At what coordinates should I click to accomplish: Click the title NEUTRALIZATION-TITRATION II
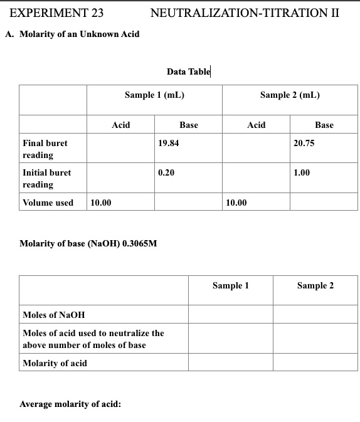tap(245, 13)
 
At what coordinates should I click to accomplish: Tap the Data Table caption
tap(188, 71)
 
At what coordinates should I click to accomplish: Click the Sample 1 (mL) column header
tap(154, 95)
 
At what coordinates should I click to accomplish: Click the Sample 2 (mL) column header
tap(290, 95)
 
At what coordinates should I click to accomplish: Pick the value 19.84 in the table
tap(169, 143)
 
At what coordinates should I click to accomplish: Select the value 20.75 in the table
tap(304, 143)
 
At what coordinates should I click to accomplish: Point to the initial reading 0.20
tap(166, 172)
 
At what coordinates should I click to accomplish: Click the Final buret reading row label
tap(45, 149)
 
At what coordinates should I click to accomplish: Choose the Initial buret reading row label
tap(46, 178)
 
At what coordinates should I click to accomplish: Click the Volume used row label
tap(48, 203)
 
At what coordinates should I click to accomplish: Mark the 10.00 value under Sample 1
tap(102, 203)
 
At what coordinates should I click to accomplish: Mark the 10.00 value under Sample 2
tap(236, 203)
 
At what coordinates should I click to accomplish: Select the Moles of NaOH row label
tap(53, 315)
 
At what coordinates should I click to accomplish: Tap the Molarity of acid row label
tap(55, 363)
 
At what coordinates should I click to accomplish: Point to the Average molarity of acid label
tap(70, 404)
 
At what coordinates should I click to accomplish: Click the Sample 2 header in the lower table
tap(315, 285)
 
